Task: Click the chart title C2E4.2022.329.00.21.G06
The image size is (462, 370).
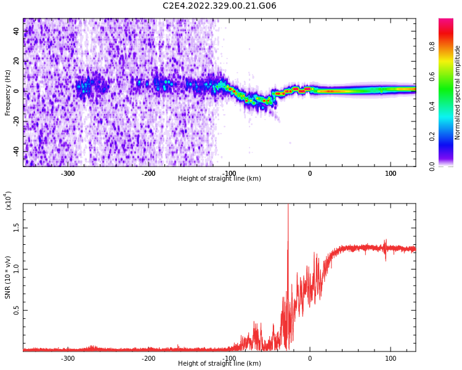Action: point(219,6)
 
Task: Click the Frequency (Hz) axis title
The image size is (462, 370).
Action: point(8,92)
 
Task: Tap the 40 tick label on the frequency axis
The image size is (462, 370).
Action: point(17,31)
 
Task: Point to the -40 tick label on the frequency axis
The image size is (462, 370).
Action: point(15,150)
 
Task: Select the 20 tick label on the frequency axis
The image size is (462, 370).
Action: point(17,61)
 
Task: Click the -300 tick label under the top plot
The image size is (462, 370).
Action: point(68,173)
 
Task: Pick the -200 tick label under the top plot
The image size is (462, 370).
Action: point(148,173)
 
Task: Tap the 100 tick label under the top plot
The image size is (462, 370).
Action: point(391,173)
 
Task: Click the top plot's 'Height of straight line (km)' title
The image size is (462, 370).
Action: point(219,179)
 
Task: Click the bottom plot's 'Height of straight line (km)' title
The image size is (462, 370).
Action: point(219,364)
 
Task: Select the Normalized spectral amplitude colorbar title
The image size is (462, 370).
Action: point(458,92)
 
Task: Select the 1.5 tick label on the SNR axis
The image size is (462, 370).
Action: point(17,227)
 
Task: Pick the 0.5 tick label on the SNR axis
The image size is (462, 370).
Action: point(17,310)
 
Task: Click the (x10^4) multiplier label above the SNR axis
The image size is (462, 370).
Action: point(8,200)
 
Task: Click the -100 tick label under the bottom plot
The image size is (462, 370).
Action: point(229,358)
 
